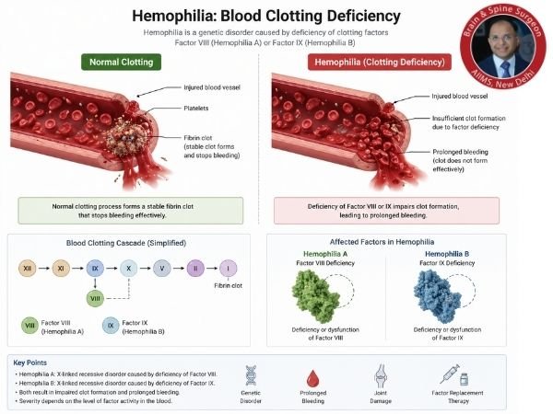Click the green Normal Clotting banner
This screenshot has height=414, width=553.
tap(123, 63)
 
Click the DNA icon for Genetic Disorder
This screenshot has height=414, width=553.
tap(251, 374)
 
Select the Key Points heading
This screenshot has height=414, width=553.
tap(33, 362)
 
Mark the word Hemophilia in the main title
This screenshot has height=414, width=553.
tap(175, 16)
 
